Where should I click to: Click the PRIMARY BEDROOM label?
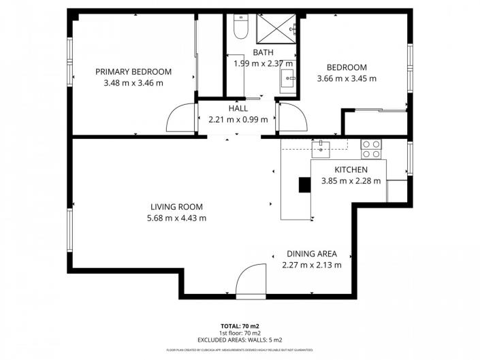[x=133, y=71]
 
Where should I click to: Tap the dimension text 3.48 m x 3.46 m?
[x=133, y=83]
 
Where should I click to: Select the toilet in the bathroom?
[x=239, y=27]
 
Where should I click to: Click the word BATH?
[x=263, y=52]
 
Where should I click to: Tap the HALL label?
[x=238, y=108]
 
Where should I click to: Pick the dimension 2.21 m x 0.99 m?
[x=238, y=120]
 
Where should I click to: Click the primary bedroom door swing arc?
[x=180, y=118]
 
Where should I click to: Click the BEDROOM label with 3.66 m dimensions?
[x=347, y=67]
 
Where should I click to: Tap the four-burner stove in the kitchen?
[x=372, y=144]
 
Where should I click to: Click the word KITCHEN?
[x=351, y=169]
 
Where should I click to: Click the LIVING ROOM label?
[x=176, y=207]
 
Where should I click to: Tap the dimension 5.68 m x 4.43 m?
[x=176, y=218]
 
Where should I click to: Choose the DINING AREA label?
[x=311, y=254]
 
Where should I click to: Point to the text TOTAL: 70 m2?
[x=240, y=327]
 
